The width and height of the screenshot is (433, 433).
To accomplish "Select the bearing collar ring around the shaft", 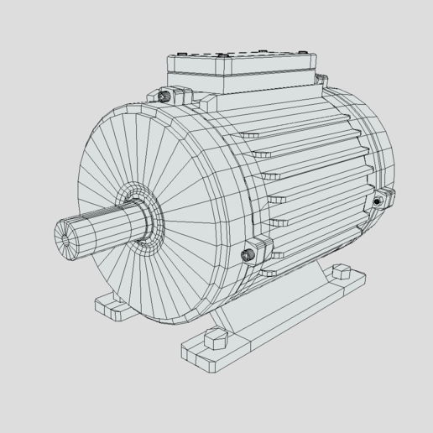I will tap(143, 221).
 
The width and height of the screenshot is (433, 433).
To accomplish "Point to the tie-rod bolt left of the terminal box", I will tap(166, 97).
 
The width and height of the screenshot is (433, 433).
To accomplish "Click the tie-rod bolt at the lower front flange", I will tap(248, 253).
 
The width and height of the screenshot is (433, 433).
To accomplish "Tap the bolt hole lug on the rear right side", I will tap(379, 201).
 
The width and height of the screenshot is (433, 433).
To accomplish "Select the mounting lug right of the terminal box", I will tap(320, 80).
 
